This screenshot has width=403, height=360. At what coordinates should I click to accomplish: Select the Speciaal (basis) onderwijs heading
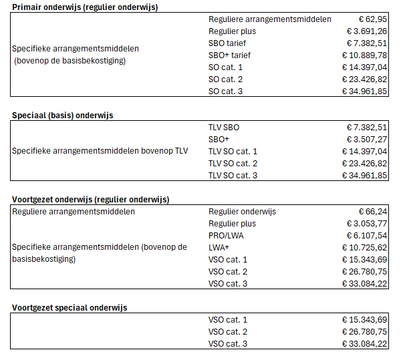[x=63, y=115]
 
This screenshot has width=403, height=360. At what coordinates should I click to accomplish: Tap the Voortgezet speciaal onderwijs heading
[x=70, y=307]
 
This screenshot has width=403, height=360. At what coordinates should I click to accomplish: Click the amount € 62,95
[x=372, y=19]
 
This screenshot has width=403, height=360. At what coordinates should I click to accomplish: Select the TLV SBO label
[x=224, y=127]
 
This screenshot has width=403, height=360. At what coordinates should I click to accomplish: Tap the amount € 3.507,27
[x=367, y=139]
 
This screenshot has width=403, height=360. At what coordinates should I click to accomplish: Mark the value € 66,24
[x=372, y=211]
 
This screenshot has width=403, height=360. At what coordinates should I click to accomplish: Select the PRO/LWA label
[x=227, y=235]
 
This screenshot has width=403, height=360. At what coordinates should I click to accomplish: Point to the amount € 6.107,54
[x=367, y=235]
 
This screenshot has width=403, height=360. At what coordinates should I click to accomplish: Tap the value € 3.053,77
[x=367, y=223]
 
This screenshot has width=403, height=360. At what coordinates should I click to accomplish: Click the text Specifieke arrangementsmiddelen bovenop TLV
[x=100, y=151]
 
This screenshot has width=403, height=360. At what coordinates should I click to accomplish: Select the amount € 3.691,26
[x=367, y=31]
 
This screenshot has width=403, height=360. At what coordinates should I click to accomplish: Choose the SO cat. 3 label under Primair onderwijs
[x=225, y=92]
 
